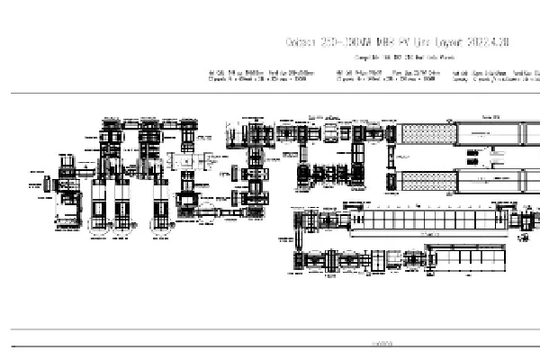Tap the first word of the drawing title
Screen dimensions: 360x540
[x=299, y=42]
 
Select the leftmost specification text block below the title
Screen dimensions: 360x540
[x=261, y=75]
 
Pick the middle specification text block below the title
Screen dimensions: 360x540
[x=386, y=75]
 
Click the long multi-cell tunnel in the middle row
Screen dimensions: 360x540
[x=424, y=219]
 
